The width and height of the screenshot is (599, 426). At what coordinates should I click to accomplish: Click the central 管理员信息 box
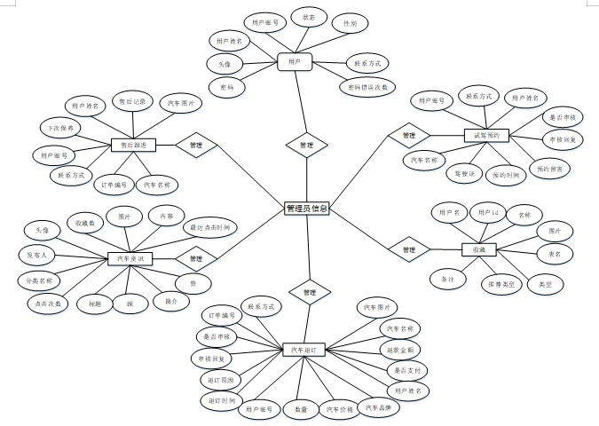(306, 209)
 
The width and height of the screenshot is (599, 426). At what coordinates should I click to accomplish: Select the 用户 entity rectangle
(295, 61)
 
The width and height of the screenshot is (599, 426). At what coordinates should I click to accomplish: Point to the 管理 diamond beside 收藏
(408, 250)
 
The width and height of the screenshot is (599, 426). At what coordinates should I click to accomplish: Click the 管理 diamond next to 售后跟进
(196, 143)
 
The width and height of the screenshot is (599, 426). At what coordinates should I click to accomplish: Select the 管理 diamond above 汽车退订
(308, 291)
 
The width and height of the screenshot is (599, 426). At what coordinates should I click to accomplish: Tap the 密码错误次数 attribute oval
(366, 87)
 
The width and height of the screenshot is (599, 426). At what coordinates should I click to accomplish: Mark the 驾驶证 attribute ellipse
(465, 173)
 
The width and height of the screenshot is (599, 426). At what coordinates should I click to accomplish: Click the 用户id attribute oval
(489, 213)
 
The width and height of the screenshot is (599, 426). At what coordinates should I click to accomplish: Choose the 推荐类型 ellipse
(501, 285)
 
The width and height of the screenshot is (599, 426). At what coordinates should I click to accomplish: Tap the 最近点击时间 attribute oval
(209, 228)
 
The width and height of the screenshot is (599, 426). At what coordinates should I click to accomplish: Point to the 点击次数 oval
(48, 303)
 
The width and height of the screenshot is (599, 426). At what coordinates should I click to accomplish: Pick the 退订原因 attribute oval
(220, 380)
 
